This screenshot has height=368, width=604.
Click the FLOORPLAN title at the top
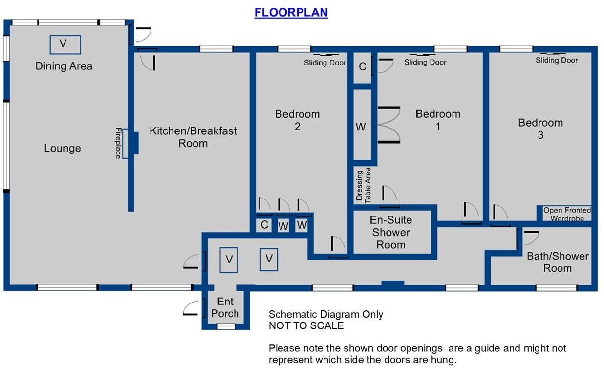pyautogui.click(x=291, y=12)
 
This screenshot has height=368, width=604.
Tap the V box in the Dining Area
pyautogui.click(x=65, y=44)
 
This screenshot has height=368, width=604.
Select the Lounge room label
pyautogui.click(x=63, y=148)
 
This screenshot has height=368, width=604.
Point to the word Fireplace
pyautogui.click(x=118, y=143)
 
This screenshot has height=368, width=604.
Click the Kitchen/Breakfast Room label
pyautogui.click(x=193, y=137)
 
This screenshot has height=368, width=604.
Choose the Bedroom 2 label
pyautogui.click(x=297, y=120)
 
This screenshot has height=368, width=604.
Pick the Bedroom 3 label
pyautogui.click(x=540, y=129)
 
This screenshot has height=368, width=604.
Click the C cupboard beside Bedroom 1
pyautogui.click(x=362, y=67)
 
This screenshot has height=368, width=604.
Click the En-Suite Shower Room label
pyautogui.click(x=390, y=233)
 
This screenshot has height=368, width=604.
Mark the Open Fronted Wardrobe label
pyautogui.click(x=567, y=214)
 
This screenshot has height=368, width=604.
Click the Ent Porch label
pyautogui.click(x=225, y=308)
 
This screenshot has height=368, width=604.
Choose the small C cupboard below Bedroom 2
pyautogui.click(x=264, y=225)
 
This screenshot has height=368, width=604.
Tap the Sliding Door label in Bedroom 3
pyautogui.click(x=557, y=60)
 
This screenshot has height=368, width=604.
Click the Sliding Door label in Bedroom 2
pyautogui.click(x=325, y=63)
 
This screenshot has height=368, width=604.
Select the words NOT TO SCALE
pyautogui.click(x=306, y=325)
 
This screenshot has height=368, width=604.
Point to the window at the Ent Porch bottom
pyautogui.click(x=225, y=326)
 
